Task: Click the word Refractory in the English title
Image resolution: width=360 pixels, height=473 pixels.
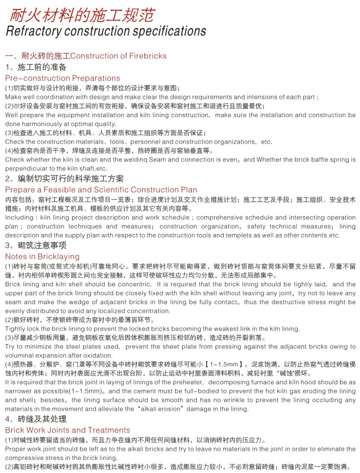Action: click(33, 32)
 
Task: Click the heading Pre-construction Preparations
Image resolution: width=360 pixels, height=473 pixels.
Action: click(62, 78)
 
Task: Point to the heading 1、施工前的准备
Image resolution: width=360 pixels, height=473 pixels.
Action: click(36, 67)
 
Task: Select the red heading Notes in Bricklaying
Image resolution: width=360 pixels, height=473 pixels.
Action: click(42, 256)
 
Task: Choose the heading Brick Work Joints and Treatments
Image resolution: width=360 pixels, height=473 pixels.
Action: click(67, 430)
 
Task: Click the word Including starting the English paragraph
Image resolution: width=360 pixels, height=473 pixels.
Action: click(19, 218)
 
